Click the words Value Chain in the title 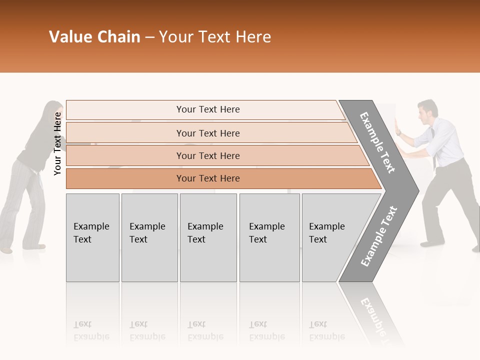pos(94,37)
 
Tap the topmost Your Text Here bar pos(207,109)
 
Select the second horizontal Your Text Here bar pos(207,133)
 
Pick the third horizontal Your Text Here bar pos(207,155)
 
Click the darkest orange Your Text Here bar pos(207,178)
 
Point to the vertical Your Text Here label pos(57,143)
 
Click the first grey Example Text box pos(92,237)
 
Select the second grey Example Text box pos(149,237)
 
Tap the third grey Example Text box pos(208,237)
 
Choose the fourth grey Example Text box pos(269,237)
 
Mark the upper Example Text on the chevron pos(377,142)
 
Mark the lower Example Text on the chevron pos(378,236)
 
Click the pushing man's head pos(427,110)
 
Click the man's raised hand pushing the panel pos(398,127)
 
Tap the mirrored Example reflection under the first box pos(92,336)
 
